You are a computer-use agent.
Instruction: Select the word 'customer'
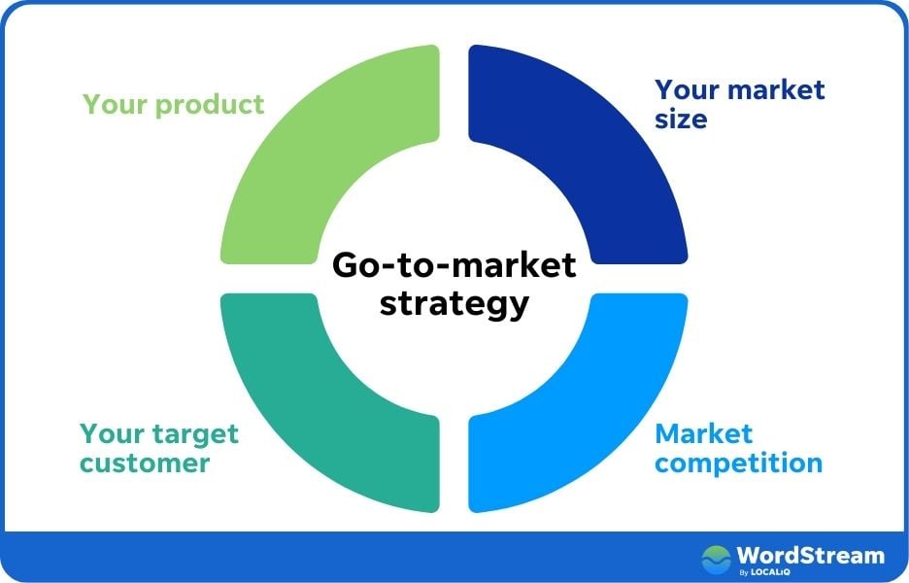coord(144,463)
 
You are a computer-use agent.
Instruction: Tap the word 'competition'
coord(738,463)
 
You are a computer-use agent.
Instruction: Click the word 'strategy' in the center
coord(454,302)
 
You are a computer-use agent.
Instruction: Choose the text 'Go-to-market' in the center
coord(454,265)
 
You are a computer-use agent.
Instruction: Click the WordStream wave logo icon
coord(717,558)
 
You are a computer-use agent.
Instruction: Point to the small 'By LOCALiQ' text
coord(761,572)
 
